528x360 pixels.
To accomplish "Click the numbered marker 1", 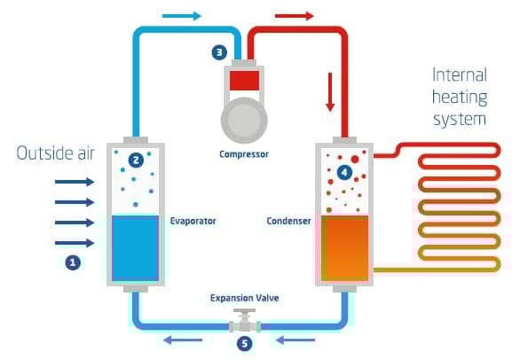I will point(73,262).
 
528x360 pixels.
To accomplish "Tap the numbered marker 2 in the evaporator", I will point(135,160).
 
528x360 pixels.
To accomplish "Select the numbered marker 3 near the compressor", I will point(219,52).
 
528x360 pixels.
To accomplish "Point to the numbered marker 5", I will point(244,343).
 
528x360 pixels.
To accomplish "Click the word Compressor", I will point(244,153).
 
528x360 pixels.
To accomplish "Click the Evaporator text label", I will point(193,220).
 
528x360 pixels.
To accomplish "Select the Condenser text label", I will point(288,220).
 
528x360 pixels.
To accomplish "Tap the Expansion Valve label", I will point(244,298).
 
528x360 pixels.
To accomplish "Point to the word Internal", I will point(461,74).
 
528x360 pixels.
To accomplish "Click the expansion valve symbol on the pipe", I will point(244,322).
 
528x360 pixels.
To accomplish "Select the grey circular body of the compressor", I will point(244,116).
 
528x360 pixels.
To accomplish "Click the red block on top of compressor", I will point(244,81).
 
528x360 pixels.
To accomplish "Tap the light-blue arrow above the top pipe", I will point(183,16).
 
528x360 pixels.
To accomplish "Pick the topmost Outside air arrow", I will point(74,182).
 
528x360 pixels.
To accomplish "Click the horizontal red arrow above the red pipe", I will point(294,16).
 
